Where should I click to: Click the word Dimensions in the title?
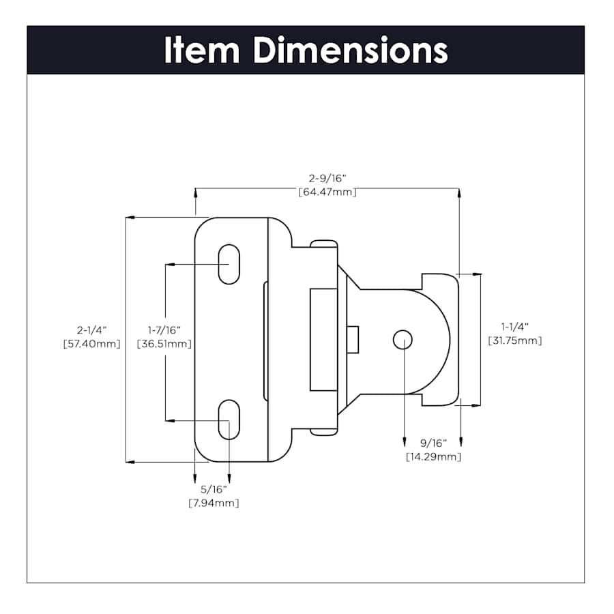pyautogui.click(x=351, y=50)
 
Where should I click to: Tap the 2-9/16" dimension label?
pyautogui.click(x=327, y=179)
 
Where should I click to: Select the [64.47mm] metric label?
pyautogui.click(x=327, y=192)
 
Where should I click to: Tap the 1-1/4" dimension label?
pyautogui.click(x=515, y=327)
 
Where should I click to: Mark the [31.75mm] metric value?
pyautogui.click(x=515, y=340)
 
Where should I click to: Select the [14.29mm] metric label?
pyautogui.click(x=433, y=456)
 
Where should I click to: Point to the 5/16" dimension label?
pyautogui.click(x=214, y=489)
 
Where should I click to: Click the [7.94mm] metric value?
pyautogui.click(x=214, y=503)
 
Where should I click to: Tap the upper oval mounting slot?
pyautogui.click(x=229, y=264)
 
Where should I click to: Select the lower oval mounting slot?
pyautogui.click(x=229, y=420)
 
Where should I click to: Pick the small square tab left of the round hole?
pyautogui.click(x=353, y=339)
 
